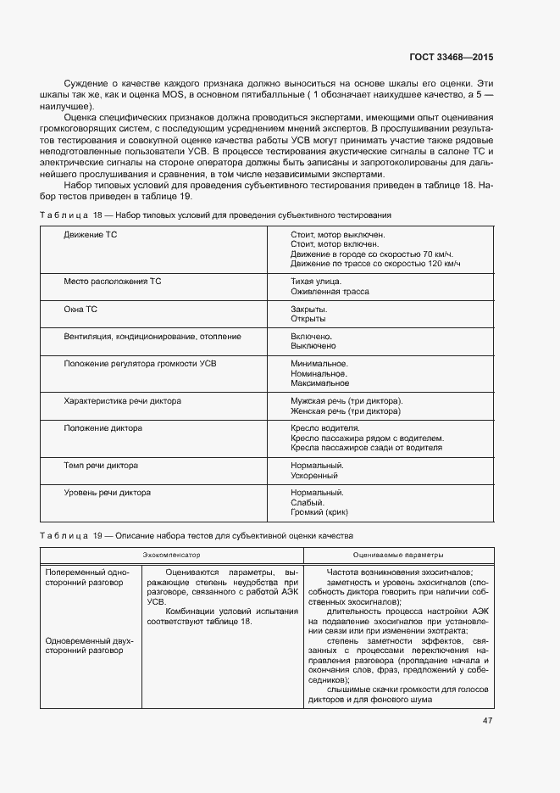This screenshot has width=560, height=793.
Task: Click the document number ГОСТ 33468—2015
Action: pos(452,58)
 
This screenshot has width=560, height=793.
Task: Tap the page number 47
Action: pos(488,722)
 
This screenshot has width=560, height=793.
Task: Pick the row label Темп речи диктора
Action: pos(101,466)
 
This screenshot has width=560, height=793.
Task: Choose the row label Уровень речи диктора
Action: pos(107,493)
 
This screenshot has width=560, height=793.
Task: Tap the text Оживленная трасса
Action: pos(330,291)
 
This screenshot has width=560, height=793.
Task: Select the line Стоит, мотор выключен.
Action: pos(337,234)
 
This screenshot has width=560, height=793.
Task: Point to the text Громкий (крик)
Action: pos(320,512)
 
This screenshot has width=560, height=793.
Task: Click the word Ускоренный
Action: pos(315,476)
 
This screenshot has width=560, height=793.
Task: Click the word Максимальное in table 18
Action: pos(319,383)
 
